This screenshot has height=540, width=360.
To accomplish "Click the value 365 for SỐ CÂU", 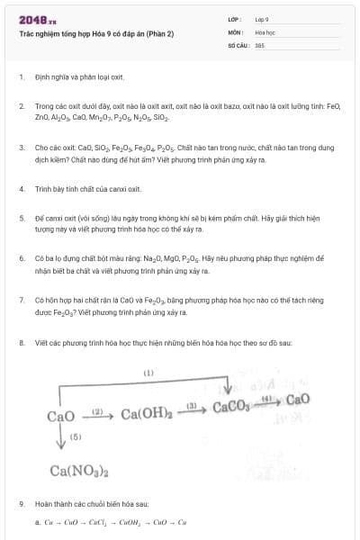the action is [x=259, y=44].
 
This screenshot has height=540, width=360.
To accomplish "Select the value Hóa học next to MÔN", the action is [x=264, y=31].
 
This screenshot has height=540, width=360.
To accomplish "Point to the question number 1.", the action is [x=22, y=77].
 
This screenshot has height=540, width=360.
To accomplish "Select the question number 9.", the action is [x=22, y=504].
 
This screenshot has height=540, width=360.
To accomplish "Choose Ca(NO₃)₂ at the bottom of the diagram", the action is [x=79, y=470].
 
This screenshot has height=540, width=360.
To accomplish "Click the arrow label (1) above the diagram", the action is [x=148, y=372].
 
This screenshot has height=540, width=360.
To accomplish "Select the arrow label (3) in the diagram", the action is [x=191, y=405].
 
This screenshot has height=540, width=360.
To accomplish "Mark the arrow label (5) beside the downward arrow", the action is [x=76, y=436].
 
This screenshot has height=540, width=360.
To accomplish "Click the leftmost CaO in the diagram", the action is [x=60, y=416].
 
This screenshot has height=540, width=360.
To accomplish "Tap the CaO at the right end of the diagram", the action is [x=297, y=399].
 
